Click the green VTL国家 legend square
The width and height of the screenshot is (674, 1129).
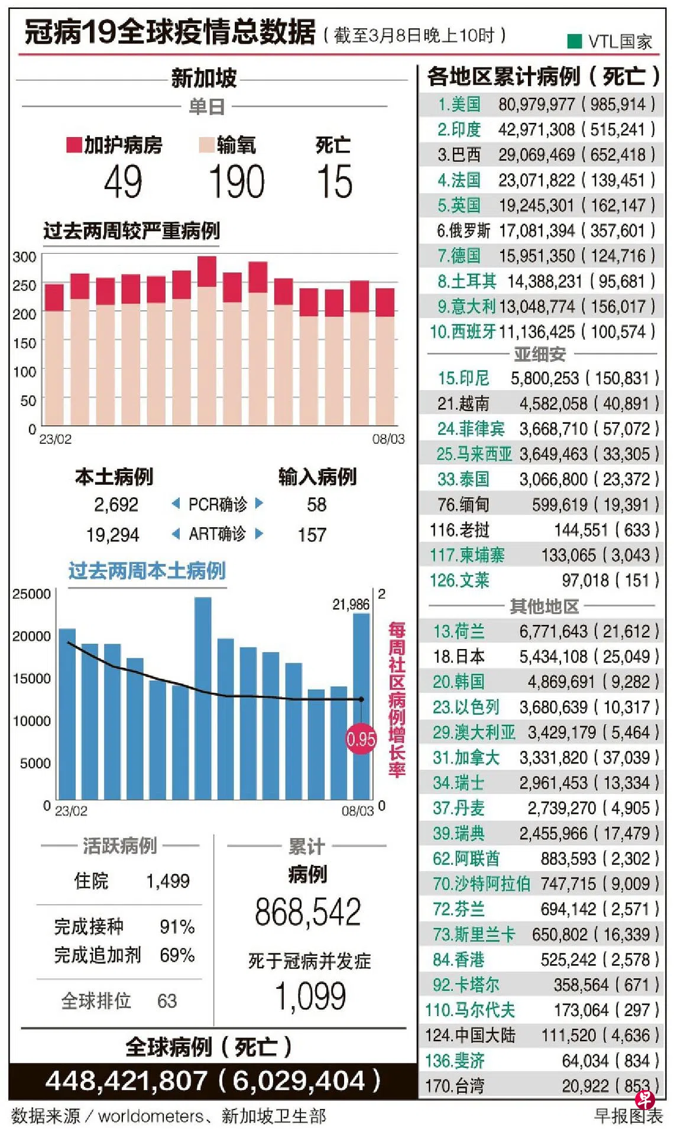click(574, 41)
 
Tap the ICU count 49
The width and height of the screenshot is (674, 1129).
click(123, 181)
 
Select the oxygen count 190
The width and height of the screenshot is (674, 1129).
click(236, 181)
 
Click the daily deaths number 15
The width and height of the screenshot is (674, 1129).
click(335, 181)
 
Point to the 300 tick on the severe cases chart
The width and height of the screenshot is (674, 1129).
click(24, 257)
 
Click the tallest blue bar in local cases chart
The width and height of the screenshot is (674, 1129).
click(203, 697)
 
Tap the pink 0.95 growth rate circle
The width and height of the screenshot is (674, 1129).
click(361, 739)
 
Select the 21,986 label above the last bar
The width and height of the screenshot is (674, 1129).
click(351, 604)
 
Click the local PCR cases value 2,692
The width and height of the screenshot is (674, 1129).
click(116, 505)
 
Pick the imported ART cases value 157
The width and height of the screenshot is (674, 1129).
click(312, 535)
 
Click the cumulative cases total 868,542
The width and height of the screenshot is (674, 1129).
click(307, 912)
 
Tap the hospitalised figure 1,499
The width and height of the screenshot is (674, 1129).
click(168, 881)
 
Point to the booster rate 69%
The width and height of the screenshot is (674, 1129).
click(177, 955)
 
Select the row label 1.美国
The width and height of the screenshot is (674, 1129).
click(459, 105)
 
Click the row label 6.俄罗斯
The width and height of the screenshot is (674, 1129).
click(464, 231)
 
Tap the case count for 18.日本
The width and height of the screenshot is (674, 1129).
click(553, 657)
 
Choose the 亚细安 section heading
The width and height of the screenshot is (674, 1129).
click(539, 354)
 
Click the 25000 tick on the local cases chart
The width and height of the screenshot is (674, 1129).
click(31, 594)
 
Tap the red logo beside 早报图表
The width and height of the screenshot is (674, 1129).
click(644, 1099)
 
